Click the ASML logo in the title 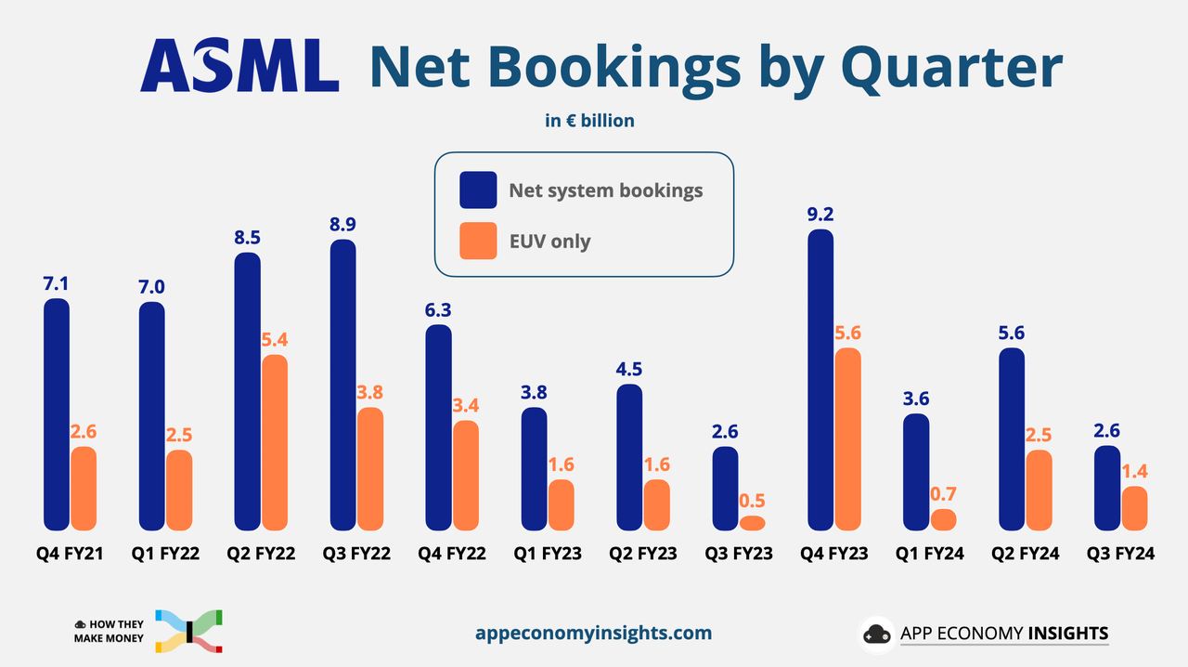pyautogui.click(x=239, y=66)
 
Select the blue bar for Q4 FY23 pyautogui.click(x=820, y=379)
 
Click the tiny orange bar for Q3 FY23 pyautogui.click(x=753, y=523)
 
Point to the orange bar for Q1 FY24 pyautogui.click(x=943, y=519)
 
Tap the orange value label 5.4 pyautogui.click(x=275, y=338)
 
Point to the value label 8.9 pyautogui.click(x=343, y=224)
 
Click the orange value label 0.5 pyautogui.click(x=753, y=499)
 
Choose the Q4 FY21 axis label pyautogui.click(x=70, y=555)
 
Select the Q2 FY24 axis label pyautogui.click(x=1026, y=555)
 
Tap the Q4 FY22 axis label pyautogui.click(x=452, y=555)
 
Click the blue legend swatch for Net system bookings pyautogui.click(x=478, y=190)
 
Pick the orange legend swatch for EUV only pyautogui.click(x=478, y=242)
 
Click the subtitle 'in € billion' pyautogui.click(x=589, y=120)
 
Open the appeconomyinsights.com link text pyautogui.click(x=593, y=633)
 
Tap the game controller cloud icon pyautogui.click(x=875, y=634)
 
